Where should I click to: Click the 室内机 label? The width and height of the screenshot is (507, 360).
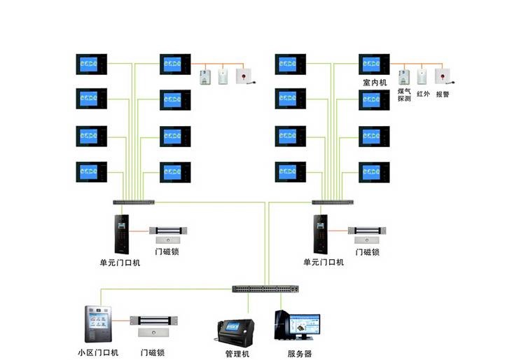tap(375, 83)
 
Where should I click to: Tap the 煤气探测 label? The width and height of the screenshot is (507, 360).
tap(404, 95)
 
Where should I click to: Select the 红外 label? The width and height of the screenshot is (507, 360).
tap(423, 94)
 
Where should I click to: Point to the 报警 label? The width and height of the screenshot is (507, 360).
tap(443, 94)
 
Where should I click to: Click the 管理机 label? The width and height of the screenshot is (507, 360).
tap(237, 354)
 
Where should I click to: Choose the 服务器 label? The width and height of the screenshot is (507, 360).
tap(300, 354)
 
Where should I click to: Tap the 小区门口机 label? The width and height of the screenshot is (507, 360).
tap(98, 352)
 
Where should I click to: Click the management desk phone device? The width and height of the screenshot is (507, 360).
tap(235, 333)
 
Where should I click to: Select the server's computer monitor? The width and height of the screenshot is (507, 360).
tap(305, 326)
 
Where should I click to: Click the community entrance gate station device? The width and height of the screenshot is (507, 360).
tap(98, 324)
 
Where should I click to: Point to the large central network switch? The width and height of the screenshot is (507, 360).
tap(265, 289)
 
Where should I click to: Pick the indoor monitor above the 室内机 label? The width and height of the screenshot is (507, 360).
tap(374, 64)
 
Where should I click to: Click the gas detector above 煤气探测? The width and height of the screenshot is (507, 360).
tap(404, 77)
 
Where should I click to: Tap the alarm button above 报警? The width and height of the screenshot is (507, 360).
tap(443, 76)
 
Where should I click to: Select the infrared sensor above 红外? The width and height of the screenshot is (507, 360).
tap(422, 76)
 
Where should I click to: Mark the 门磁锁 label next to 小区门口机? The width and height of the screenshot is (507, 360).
tap(153, 352)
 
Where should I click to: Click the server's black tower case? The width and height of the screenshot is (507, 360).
tap(282, 325)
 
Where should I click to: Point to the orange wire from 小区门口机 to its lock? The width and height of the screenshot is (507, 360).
tap(121, 321)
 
